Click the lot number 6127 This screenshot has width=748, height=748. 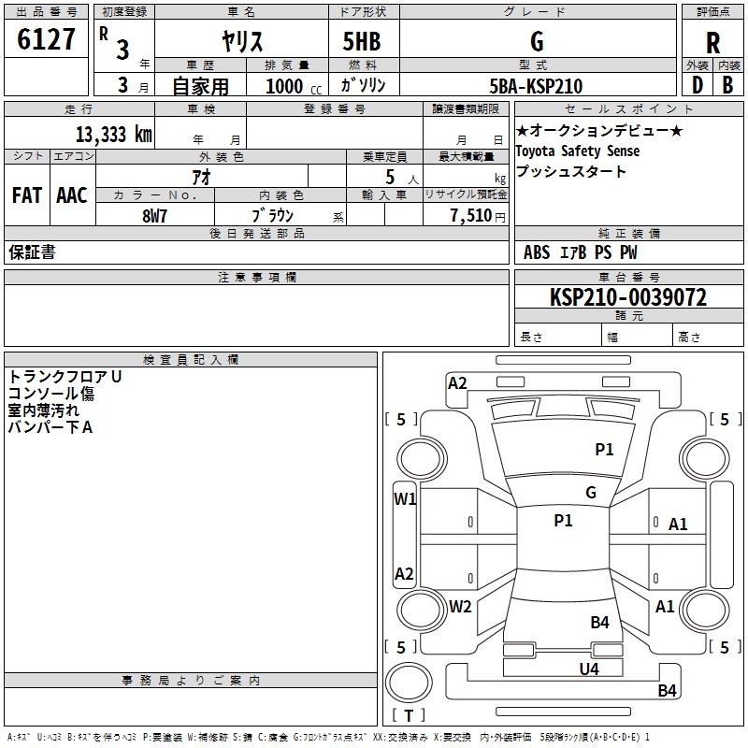tap(46, 39)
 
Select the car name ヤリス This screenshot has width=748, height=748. tap(242, 41)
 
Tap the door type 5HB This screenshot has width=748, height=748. tap(362, 41)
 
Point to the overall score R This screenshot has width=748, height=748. tap(712, 43)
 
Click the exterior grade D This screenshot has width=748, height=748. tap(698, 85)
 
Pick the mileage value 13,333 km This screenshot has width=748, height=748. tap(114, 134)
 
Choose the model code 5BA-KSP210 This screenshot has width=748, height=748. tap(536, 86)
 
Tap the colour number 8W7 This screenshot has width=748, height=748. tap(154, 216)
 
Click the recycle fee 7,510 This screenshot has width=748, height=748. tap(471, 215)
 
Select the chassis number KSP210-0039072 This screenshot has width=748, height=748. tap(628, 297)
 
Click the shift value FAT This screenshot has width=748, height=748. tap(27, 195)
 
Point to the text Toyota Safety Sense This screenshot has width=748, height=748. tap(578, 151)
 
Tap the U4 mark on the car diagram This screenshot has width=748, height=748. tap(589, 669)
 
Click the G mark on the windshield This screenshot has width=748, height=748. tap(591, 492)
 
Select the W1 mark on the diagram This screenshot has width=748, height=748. tap(405, 499)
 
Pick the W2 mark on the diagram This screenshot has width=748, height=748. tap(460, 606)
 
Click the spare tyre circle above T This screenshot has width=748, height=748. tap(409, 683)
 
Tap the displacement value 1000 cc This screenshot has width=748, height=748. tap(294, 86)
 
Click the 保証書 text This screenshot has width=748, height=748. tap(32, 252)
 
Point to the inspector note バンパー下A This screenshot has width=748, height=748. tap(50, 427)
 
